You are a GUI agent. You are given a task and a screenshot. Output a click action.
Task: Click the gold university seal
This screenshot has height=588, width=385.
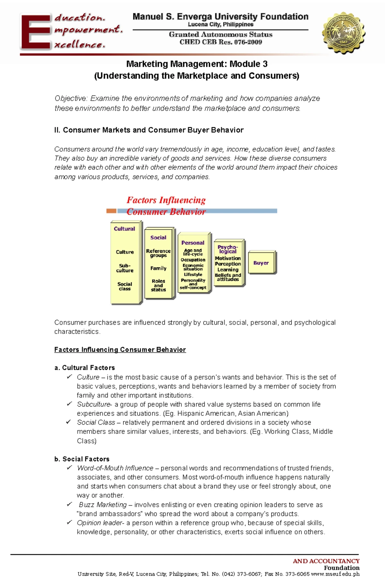point(343,33)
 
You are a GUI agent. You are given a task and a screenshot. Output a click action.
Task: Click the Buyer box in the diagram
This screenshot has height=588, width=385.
point(261,263)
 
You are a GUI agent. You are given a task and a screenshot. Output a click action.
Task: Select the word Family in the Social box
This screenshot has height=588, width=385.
point(158,268)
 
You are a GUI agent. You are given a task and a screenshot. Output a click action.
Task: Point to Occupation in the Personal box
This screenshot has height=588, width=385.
point(193,260)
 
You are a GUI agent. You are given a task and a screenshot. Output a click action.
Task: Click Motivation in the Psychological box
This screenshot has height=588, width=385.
point(228,258)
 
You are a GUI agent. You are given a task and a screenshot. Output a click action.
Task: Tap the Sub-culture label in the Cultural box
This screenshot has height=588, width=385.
point(124,268)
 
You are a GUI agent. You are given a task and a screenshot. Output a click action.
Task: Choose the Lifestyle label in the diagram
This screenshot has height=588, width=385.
point(193,275)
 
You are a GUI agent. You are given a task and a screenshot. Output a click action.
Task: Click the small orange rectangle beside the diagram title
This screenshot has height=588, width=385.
point(111,211)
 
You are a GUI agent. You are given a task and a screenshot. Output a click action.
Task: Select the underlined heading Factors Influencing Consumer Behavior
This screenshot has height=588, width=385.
point(120,350)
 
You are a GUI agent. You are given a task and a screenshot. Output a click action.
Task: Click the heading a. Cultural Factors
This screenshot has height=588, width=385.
point(85,368)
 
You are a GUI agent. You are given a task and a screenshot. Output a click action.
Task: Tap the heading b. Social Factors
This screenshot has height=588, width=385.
point(82,459)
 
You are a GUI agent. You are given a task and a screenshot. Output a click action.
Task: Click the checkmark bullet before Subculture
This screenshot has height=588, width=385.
point(69,404)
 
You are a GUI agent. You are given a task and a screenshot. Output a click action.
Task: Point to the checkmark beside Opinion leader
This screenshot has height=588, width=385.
point(69,523)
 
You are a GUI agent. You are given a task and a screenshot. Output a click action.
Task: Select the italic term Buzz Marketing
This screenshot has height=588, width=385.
point(103,505)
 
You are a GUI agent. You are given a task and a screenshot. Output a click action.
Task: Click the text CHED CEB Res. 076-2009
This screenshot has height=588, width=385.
point(221,42)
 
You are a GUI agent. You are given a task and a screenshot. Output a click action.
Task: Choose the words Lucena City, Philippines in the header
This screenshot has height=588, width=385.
point(221,24)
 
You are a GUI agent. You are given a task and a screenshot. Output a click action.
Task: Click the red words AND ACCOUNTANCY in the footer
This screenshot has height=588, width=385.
point(326,561)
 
